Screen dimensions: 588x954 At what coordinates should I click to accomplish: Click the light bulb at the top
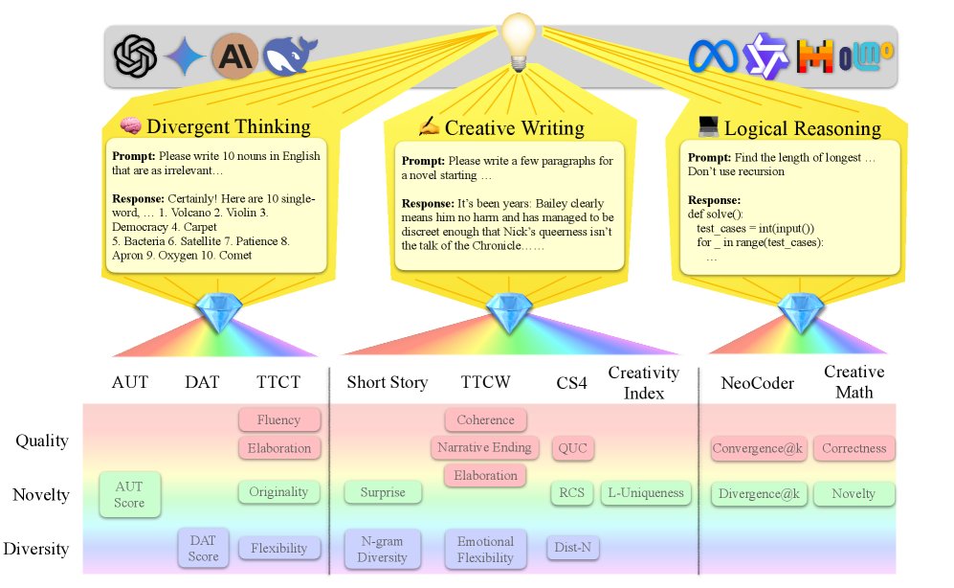coord(518,40)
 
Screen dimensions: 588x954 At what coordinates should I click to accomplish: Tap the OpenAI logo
coord(135,56)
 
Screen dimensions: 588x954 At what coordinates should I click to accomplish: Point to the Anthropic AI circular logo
coord(233,55)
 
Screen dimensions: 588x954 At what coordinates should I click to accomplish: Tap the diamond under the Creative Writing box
coord(502,312)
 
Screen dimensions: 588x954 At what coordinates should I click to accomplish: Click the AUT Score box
coord(130,494)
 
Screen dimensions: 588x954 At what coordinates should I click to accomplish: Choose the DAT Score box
coord(203,548)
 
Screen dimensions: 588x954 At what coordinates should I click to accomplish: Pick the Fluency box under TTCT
coord(278,419)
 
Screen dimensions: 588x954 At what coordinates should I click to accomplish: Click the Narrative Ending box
coord(485,447)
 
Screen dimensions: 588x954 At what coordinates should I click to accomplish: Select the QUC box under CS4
coord(572,447)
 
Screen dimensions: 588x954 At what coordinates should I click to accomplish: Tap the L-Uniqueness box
coord(647,493)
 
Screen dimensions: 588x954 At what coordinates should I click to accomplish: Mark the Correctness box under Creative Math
coord(854,447)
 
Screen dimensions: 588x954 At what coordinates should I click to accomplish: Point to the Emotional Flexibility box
coord(485,549)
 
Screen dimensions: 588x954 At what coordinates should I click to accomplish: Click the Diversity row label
coord(35,549)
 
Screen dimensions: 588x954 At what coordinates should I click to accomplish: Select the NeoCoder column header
coord(757,382)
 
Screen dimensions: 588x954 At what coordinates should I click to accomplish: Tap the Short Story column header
coord(387,382)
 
